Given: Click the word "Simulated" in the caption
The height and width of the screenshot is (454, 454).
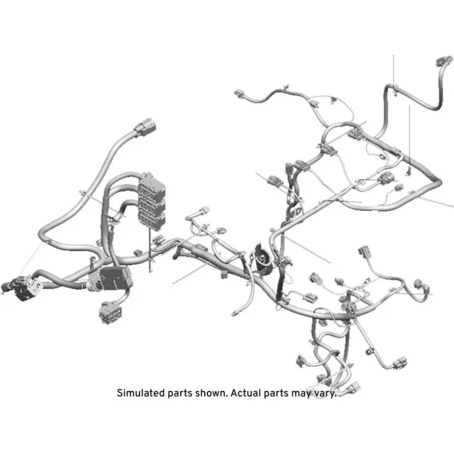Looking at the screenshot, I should [x=140, y=392].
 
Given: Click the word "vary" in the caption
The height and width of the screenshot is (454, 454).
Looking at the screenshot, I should [x=323, y=392].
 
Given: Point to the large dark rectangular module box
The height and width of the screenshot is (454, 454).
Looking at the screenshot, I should [x=112, y=277].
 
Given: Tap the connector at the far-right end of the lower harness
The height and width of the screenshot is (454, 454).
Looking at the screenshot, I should [x=423, y=287].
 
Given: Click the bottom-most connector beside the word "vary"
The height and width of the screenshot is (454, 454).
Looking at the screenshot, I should [x=352, y=387].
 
